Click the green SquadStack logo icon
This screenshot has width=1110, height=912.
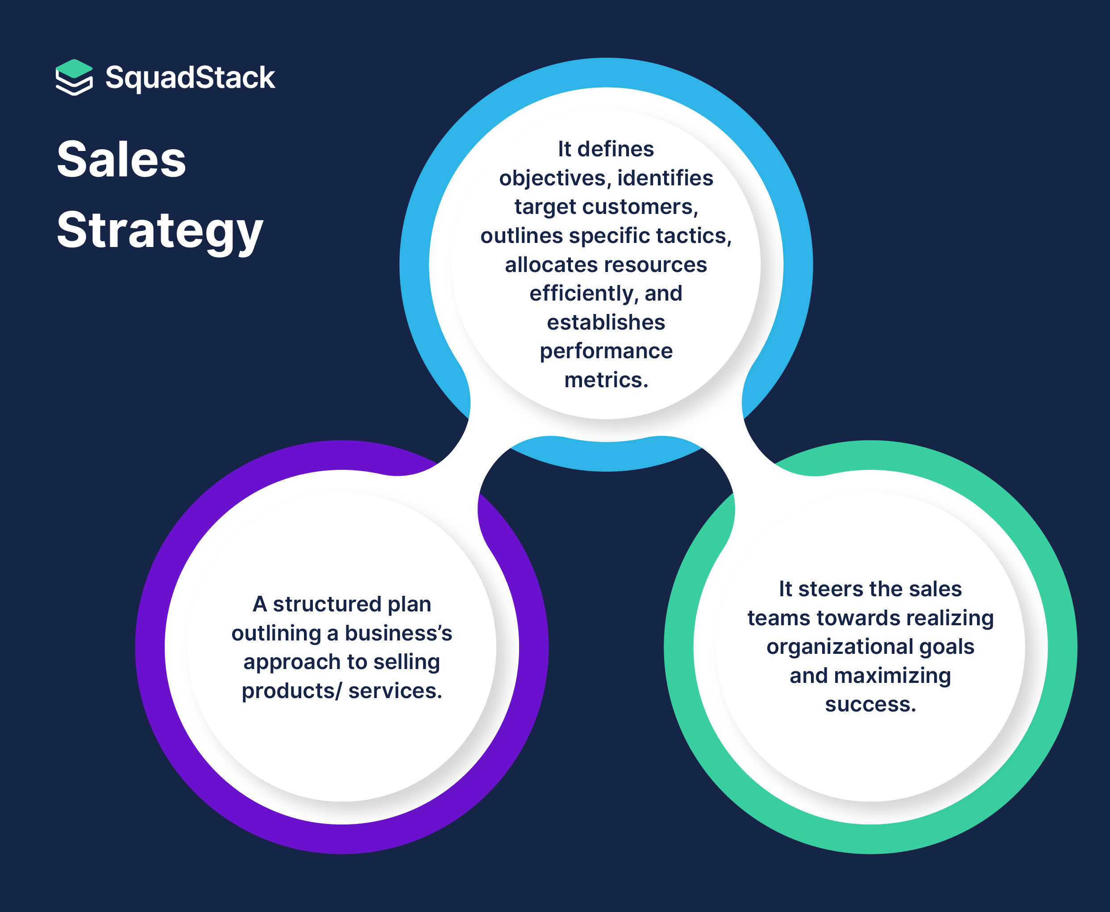pyautogui.click(x=74, y=77)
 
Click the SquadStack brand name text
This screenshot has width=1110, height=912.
pyautogui.click(x=190, y=78)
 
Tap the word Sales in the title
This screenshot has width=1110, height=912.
pyautogui.click(x=121, y=160)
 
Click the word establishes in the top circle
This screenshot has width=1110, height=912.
pyautogui.click(x=606, y=322)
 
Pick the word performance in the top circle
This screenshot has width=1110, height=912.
pyautogui.click(x=606, y=351)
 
